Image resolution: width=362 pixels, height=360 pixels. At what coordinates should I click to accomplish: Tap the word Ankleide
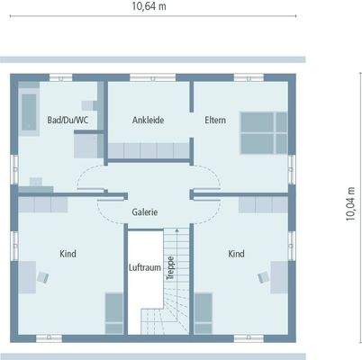click(x=148, y=121)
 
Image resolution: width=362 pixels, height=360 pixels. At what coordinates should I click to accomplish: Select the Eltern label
click(x=215, y=120)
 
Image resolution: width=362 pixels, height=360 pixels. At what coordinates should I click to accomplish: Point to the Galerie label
click(x=145, y=212)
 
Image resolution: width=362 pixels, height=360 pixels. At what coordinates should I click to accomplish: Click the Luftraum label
click(x=144, y=267)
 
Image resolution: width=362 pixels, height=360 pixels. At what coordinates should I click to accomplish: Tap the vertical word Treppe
click(x=170, y=267)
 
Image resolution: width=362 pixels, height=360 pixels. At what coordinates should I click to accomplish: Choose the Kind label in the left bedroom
click(x=68, y=254)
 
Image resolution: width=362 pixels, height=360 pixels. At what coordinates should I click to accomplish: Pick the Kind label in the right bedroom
click(x=236, y=254)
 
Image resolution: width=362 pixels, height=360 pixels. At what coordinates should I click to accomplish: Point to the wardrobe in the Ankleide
click(x=149, y=148)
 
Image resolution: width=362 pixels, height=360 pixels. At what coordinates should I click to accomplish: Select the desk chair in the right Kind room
click(x=265, y=275)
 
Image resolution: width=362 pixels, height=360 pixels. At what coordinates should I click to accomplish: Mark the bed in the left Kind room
click(x=114, y=311)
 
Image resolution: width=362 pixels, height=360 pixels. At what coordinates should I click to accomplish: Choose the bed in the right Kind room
click(x=204, y=311)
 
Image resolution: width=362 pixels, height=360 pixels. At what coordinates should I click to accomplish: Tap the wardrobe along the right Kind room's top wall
click(x=261, y=205)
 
